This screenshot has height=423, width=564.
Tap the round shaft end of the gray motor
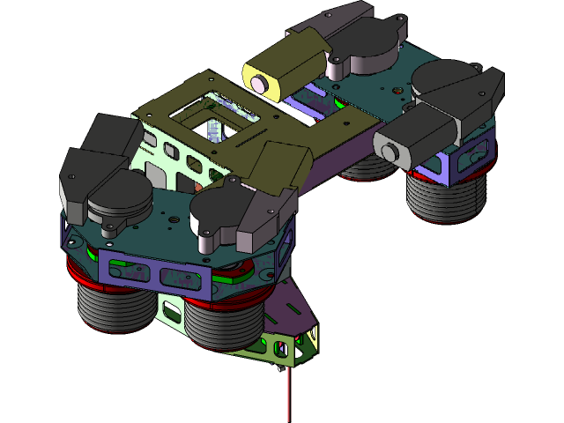pyautogui.click(x=389, y=152)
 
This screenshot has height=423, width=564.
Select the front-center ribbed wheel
pyautogui.click(x=220, y=324)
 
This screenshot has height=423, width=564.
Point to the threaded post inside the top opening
pyautogui.click(x=214, y=131)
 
